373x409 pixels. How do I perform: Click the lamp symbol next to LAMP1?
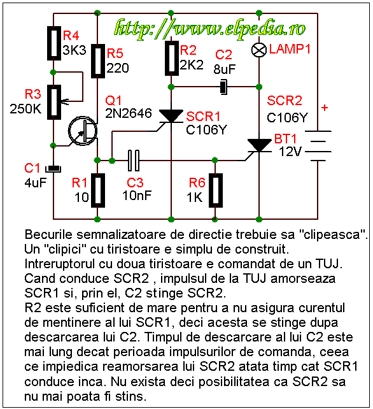[x=259, y=50]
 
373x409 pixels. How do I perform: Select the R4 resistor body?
[x=54, y=43]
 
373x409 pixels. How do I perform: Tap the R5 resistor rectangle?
[x=98, y=61]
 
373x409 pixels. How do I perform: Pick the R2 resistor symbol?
[x=171, y=58]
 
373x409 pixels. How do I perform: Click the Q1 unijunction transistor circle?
[x=82, y=131]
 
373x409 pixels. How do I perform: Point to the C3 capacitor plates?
[x=133, y=161]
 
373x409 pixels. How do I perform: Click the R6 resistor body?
[x=215, y=190]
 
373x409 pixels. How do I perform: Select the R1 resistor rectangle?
[x=98, y=190]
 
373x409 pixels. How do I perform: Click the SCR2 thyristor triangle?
[x=259, y=145]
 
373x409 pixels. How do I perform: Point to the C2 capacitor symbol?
[x=223, y=87]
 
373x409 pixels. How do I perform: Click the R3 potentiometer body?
[x=54, y=102]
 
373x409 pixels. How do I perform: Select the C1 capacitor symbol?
[x=53, y=169]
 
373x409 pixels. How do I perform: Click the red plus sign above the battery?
[x=325, y=108]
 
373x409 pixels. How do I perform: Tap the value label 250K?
[x=25, y=108]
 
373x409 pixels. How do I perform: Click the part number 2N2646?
[x=129, y=113]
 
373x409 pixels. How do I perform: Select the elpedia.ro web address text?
[x=210, y=29]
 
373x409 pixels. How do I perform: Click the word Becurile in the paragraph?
[x=48, y=234]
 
